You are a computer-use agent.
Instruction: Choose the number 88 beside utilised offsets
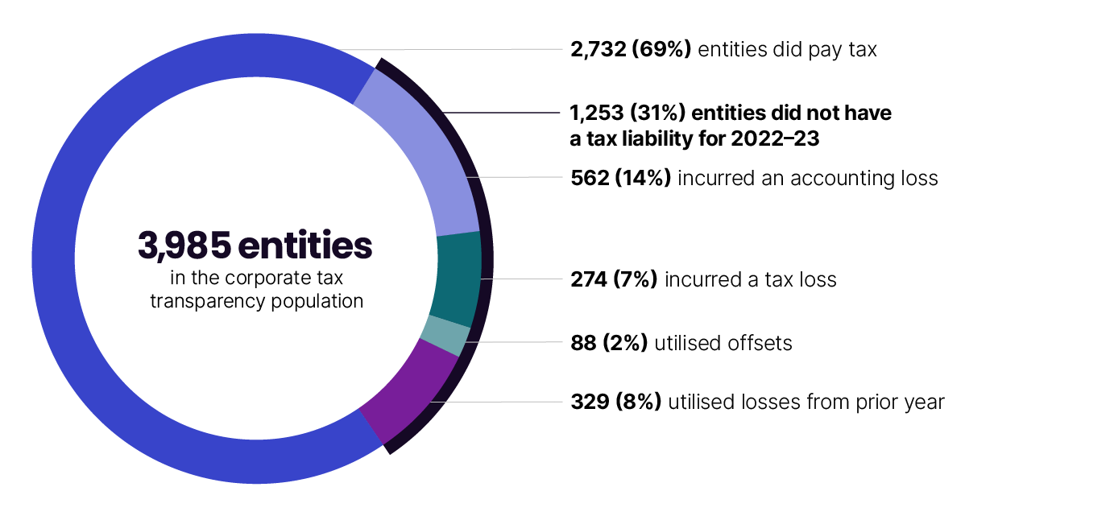(x=582, y=344)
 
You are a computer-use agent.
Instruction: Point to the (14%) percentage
(x=643, y=178)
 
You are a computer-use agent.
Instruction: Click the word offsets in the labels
(x=761, y=344)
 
